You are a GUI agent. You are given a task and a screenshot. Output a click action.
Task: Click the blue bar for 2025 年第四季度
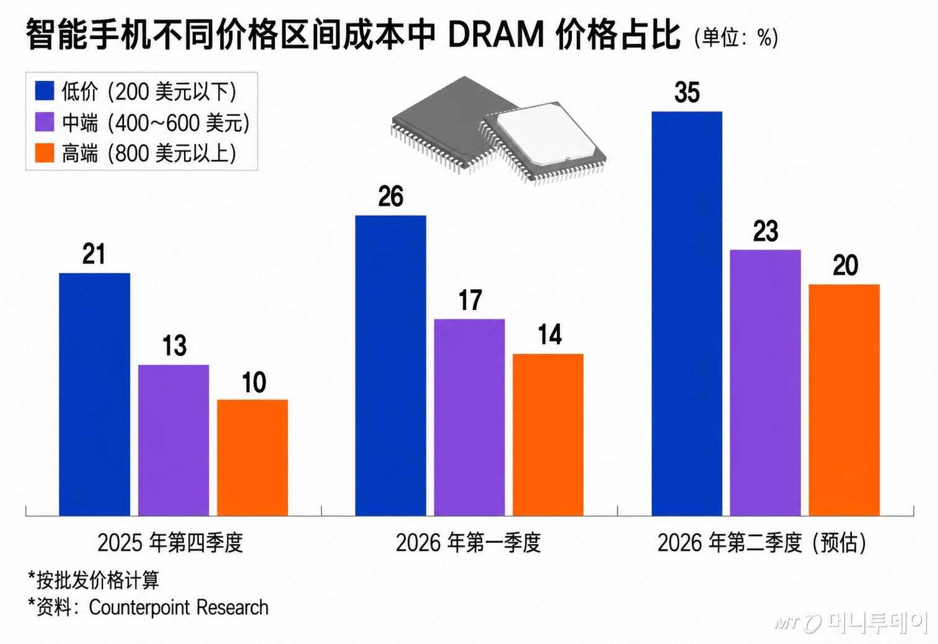pyautogui.click(x=94, y=394)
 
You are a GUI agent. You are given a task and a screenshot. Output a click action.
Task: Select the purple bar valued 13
pyautogui.click(x=173, y=440)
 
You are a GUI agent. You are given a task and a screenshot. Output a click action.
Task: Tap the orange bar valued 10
pyautogui.click(x=252, y=457)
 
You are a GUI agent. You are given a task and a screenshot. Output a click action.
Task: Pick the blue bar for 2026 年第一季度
pyautogui.click(x=390, y=366)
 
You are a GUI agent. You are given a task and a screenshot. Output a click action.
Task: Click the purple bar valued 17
pyautogui.click(x=469, y=417)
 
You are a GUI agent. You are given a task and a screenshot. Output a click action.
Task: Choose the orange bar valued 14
pyautogui.click(x=548, y=434)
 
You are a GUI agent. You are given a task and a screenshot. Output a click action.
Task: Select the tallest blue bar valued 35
pyautogui.click(x=686, y=314)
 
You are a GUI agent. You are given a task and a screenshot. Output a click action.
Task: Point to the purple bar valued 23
pyautogui.click(x=765, y=382)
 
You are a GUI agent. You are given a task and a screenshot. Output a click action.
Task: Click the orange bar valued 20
pyautogui.click(x=844, y=400)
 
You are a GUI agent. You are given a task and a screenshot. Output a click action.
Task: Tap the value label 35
pyautogui.click(x=687, y=93)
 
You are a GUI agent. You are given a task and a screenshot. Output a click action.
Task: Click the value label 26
pyautogui.click(x=390, y=197)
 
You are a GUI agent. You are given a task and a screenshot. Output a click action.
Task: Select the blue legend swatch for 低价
pyautogui.click(x=45, y=91)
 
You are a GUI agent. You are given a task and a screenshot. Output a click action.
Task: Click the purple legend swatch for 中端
pyautogui.click(x=45, y=122)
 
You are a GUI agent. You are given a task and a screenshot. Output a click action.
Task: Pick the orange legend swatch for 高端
pyautogui.click(x=45, y=153)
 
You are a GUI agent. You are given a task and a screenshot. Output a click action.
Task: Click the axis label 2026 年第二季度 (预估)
pyautogui.click(x=761, y=543)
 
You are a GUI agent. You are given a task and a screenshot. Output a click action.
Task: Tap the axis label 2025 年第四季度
pyautogui.click(x=170, y=543)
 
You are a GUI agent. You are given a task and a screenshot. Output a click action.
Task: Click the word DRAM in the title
pyautogui.click(x=496, y=35)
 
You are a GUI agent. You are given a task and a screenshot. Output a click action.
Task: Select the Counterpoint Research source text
pyautogui.click(x=178, y=607)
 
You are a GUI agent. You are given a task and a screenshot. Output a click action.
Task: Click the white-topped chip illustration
pyautogui.click(x=543, y=141)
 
